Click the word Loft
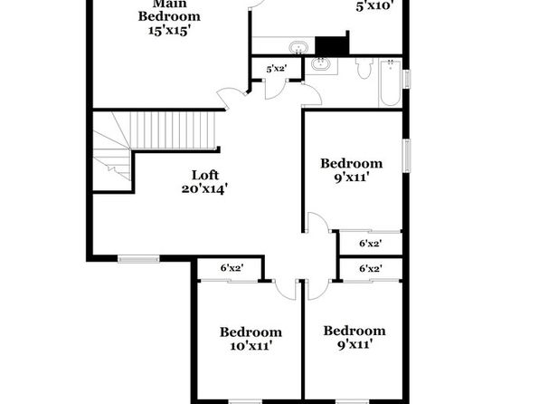tap(205, 175)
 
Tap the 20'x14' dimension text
tap(205, 188)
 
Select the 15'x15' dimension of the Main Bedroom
tap(169, 30)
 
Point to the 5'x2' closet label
tap(277, 69)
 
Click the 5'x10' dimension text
tap(374, 6)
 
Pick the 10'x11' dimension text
tap(251, 345)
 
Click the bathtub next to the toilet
tap(390, 82)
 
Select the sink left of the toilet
tap(321, 64)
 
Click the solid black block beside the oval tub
tap(332, 44)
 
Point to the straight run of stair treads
tap(172, 130)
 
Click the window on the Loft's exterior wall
tap(138, 258)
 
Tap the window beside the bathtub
tap(407, 79)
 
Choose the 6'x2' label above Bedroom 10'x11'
tap(232, 267)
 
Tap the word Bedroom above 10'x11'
tap(251, 332)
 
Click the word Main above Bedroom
tap(170, 4)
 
